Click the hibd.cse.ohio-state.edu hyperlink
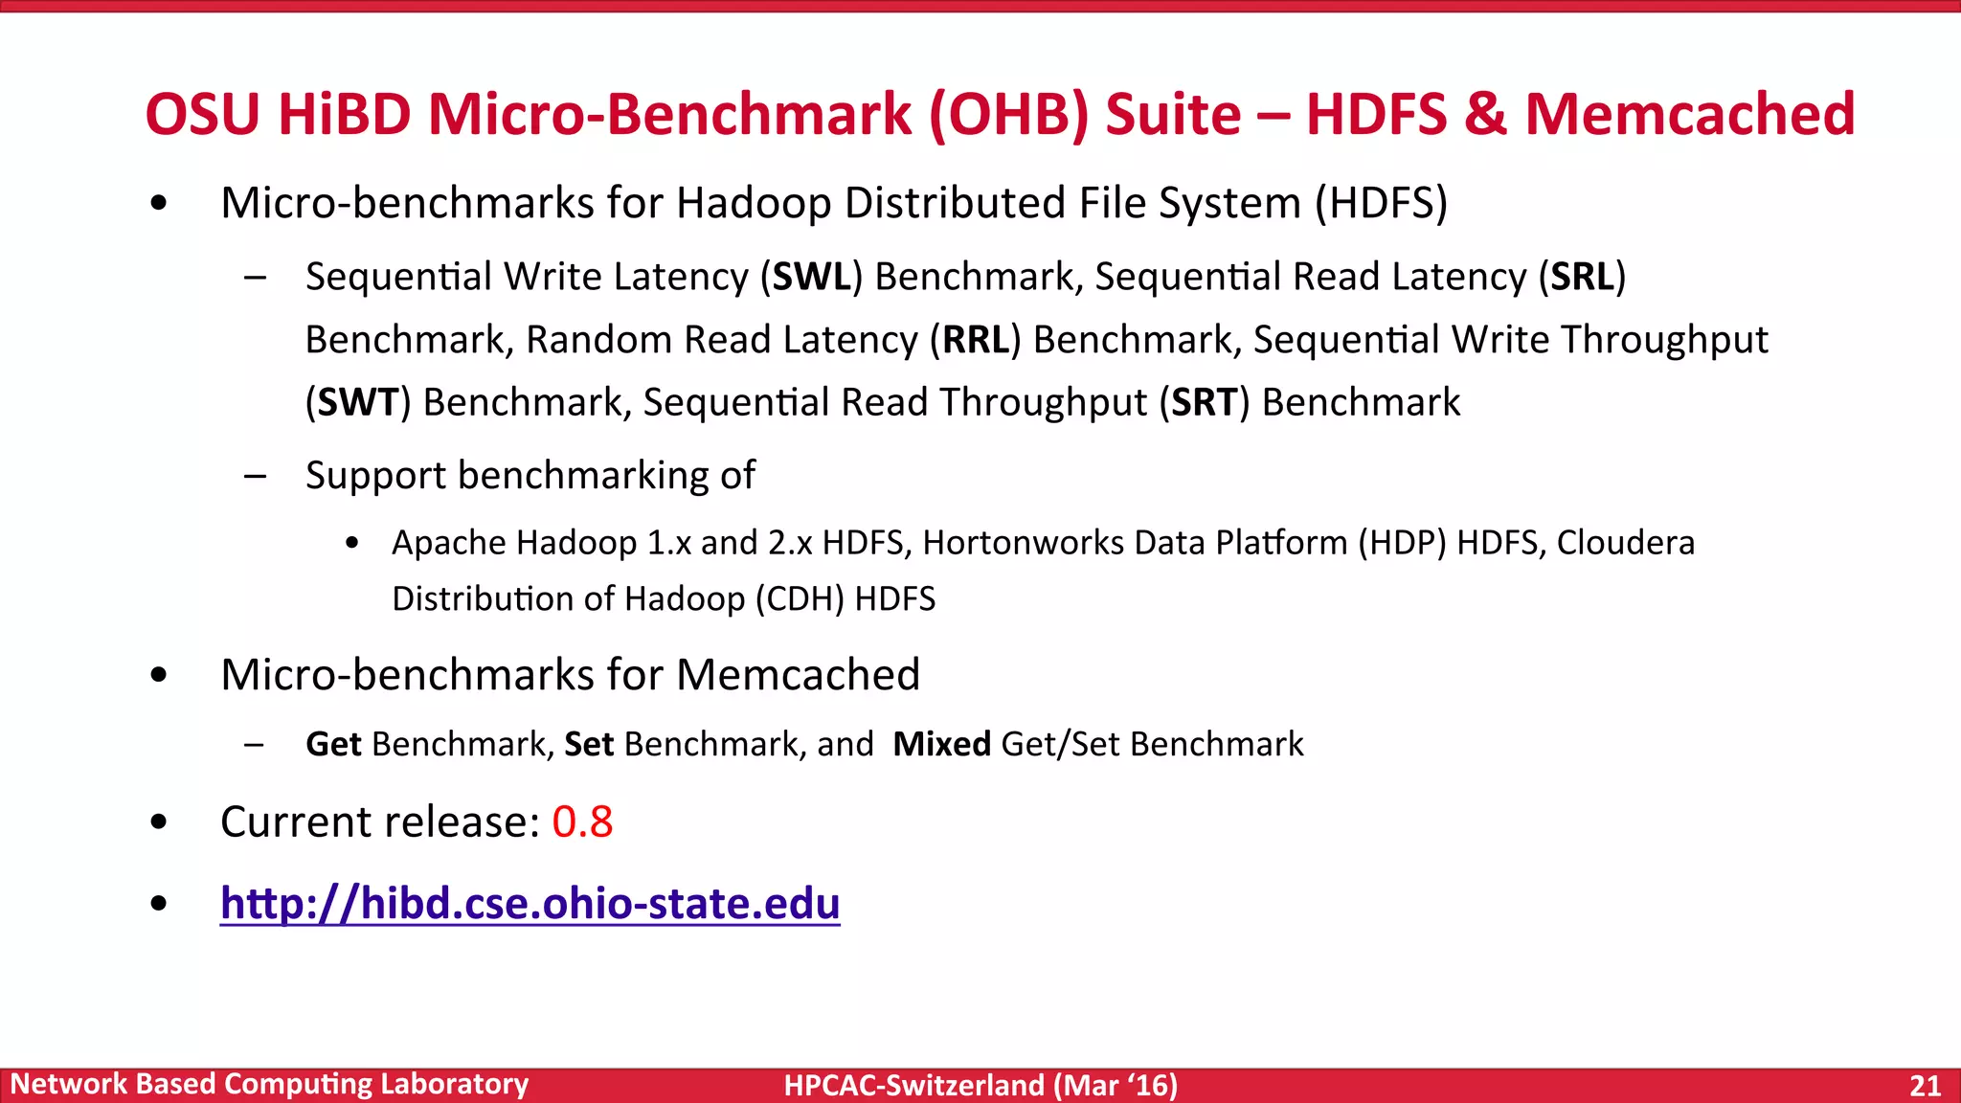click(530, 903)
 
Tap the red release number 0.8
click(582, 822)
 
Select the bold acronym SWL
click(812, 277)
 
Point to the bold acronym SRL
click(1582, 277)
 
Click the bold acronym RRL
click(976, 340)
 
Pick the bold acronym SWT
click(357, 402)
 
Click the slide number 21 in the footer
click(1925, 1085)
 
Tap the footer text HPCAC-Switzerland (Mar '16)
click(980, 1085)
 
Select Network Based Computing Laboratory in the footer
click(269, 1084)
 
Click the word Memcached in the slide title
click(1690, 114)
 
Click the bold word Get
click(333, 744)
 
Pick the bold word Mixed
click(941, 744)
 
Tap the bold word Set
click(589, 744)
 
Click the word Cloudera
click(1625, 543)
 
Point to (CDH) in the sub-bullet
click(800, 599)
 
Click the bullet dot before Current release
click(159, 822)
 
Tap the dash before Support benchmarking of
click(255, 476)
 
